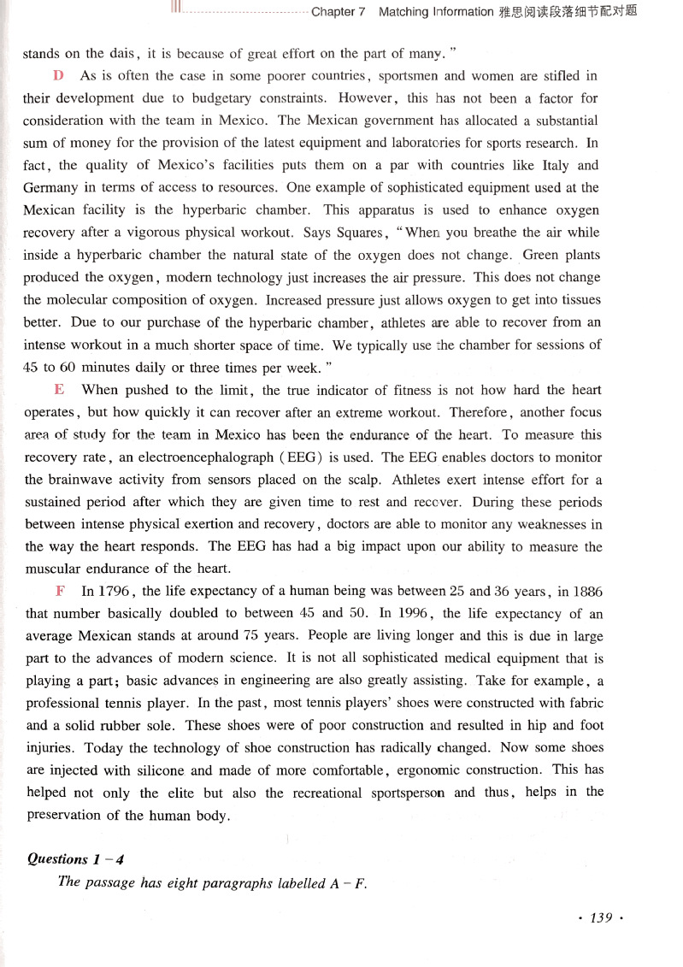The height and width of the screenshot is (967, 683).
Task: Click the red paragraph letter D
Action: pyautogui.click(x=58, y=75)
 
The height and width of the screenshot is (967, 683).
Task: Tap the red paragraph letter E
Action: pyautogui.click(x=59, y=389)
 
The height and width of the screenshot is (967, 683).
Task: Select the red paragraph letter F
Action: pyautogui.click(x=60, y=591)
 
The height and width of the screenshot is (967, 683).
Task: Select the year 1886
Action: pyautogui.click(x=583, y=591)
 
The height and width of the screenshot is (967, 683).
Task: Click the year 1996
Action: pyautogui.click(x=415, y=613)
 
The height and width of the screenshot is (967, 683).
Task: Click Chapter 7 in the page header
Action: pyautogui.click(x=339, y=12)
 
